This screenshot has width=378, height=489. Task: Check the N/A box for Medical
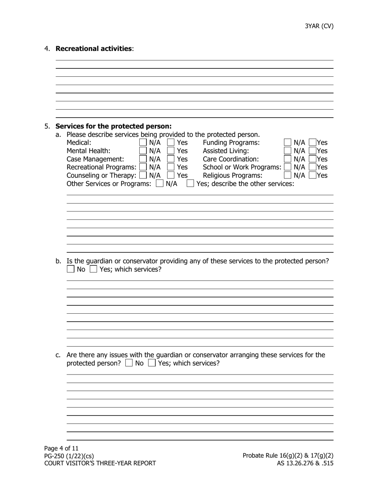pos(143,142)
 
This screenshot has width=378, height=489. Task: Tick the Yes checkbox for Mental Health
pos(171,151)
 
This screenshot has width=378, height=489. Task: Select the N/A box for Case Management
pos(143,159)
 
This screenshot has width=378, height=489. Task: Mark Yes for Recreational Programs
pos(171,167)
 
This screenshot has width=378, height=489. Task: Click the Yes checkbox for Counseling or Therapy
pos(171,175)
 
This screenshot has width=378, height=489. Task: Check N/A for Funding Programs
pos(287,142)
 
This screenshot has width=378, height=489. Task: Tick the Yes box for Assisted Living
pos(313,151)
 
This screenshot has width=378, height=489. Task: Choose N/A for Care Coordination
pos(287,159)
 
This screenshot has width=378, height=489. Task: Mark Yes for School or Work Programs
pos(313,167)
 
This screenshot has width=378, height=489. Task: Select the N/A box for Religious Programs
pos(287,175)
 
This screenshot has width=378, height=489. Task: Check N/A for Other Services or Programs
pos(160,184)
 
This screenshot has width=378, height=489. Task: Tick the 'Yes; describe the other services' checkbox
pos(190,184)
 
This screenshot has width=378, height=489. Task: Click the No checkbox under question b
pos(70,269)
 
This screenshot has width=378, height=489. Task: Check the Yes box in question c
pos(152,363)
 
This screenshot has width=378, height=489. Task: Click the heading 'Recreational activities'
pos(94,49)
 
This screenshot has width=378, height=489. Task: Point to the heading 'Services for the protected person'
pos(113,126)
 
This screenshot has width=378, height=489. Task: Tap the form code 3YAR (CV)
pos(319,26)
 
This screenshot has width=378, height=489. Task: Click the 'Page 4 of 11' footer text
pos(62,448)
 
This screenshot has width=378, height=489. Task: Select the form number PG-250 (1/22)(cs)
pos(69,456)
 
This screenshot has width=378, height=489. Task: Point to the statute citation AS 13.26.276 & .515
pos(305,463)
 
